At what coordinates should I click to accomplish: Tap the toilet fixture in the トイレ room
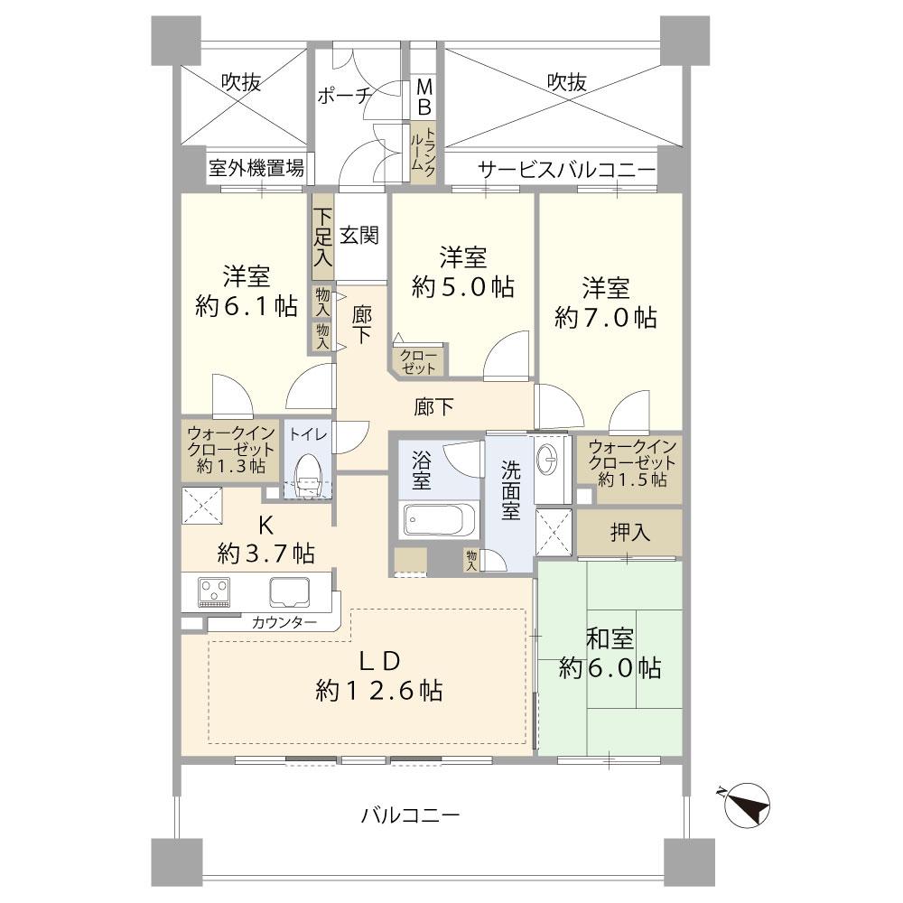(x=306, y=473)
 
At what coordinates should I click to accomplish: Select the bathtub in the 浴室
(x=433, y=522)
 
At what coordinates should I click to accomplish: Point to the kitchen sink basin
(x=289, y=592)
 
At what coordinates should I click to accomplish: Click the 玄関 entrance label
(x=358, y=236)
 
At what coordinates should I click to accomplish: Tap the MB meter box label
(x=424, y=98)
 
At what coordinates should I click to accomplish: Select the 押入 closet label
(x=629, y=533)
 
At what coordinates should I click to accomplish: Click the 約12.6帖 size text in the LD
(x=378, y=692)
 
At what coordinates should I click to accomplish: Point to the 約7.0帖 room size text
(x=605, y=318)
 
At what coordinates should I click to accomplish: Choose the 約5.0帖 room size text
(x=463, y=287)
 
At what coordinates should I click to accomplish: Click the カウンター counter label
(x=284, y=623)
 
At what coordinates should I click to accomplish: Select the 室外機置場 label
(x=256, y=168)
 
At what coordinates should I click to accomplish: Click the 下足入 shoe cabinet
(x=322, y=237)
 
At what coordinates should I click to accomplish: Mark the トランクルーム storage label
(x=424, y=154)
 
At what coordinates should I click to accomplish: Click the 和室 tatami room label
(x=610, y=639)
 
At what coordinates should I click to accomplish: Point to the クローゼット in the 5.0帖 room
(x=419, y=360)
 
